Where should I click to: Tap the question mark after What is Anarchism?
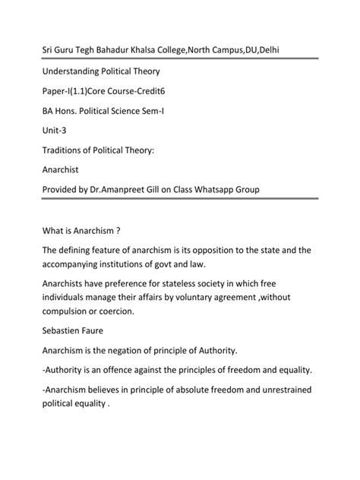[120, 229]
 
